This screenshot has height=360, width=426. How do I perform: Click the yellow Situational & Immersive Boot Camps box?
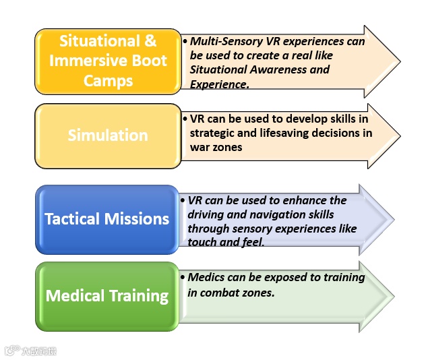click(x=108, y=61)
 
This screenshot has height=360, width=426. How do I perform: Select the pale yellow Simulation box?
click(x=108, y=136)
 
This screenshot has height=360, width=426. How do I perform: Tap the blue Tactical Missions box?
click(x=107, y=219)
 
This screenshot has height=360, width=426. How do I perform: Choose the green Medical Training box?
click(x=107, y=296)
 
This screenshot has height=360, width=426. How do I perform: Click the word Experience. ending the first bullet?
click(x=220, y=84)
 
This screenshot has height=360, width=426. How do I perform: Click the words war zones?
click(x=216, y=146)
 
